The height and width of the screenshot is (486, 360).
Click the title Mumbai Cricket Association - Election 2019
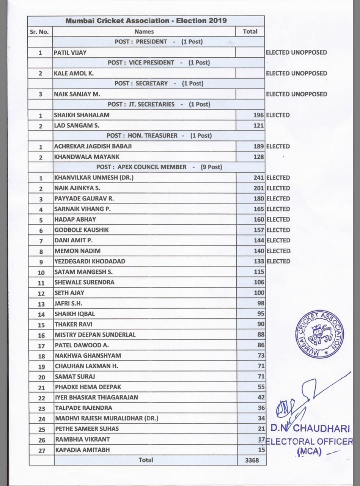(146, 21)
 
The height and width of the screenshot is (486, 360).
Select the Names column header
(144, 32)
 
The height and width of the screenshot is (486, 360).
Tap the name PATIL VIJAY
(70, 53)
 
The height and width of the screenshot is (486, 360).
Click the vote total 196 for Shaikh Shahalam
(258, 115)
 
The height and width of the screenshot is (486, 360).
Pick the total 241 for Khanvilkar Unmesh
(258, 178)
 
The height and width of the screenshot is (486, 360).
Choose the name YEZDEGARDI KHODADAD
(90, 261)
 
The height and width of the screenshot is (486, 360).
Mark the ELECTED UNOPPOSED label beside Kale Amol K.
(296, 73)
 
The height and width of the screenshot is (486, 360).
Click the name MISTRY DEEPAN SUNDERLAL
(95, 335)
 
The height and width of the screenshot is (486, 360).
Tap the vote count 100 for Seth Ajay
(259, 293)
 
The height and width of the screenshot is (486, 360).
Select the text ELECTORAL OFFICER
(309, 442)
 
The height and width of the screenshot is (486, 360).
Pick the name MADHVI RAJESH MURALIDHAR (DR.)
(106, 418)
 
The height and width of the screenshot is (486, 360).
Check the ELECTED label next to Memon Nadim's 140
(278, 251)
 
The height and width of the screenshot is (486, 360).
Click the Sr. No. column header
(39, 32)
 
